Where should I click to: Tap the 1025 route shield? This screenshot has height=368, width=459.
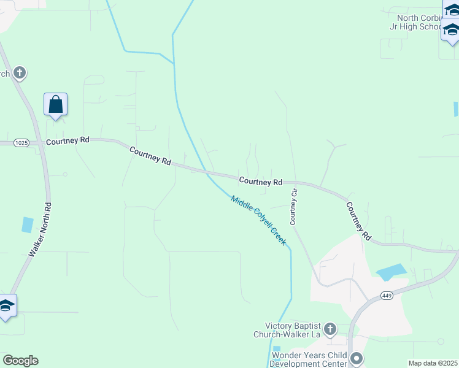[21, 142]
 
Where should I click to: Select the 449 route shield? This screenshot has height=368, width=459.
[386, 296]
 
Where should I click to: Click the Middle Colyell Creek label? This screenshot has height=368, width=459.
[258, 220]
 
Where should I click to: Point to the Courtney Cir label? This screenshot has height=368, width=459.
[294, 205]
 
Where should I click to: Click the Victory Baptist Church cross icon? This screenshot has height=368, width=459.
[330, 329]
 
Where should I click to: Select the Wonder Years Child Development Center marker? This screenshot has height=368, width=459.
[357, 358]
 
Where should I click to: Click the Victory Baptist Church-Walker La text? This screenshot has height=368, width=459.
[288, 330]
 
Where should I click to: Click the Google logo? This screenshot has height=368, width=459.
[20, 361]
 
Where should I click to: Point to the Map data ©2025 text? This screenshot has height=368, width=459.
[433, 363]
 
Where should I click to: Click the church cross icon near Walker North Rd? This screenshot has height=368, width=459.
[20, 73]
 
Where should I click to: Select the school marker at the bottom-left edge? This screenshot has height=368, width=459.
[6, 305]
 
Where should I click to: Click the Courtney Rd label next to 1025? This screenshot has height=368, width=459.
[67, 140]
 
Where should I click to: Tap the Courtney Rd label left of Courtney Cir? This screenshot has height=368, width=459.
[260, 182]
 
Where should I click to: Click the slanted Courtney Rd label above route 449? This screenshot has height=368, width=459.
[358, 221]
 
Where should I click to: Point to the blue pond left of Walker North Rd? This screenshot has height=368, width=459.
[27, 224]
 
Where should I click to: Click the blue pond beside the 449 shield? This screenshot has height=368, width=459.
[391, 272]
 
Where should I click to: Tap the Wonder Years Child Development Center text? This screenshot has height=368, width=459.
[309, 359]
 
